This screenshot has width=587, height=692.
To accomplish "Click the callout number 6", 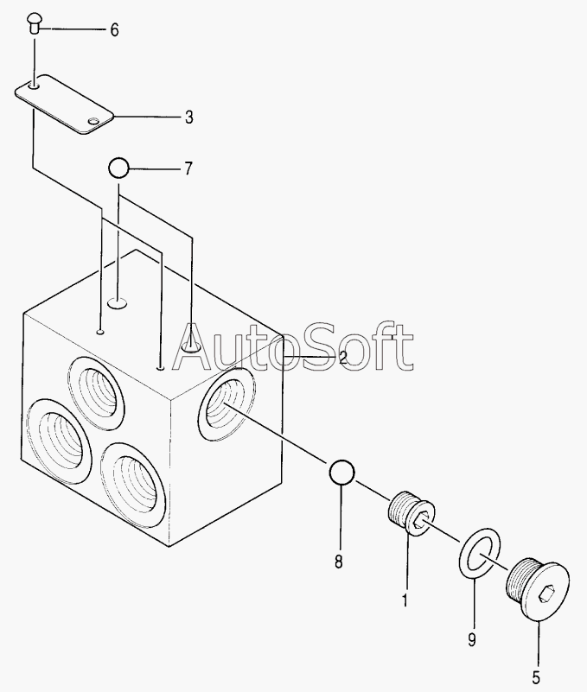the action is (114, 30).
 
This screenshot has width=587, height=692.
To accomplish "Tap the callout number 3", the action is (189, 117).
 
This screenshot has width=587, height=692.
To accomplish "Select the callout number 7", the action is (188, 168).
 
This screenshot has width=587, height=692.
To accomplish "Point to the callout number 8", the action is (338, 562).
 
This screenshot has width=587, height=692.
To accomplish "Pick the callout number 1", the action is (404, 600).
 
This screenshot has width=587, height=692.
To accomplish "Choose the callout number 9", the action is (472, 639).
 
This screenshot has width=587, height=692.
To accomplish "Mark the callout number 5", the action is (536, 677).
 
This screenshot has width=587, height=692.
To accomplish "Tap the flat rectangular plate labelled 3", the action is (65, 105).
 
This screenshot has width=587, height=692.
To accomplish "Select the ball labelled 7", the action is (118, 168).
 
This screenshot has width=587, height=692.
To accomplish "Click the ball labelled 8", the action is (341, 473).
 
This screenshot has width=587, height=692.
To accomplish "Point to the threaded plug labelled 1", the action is (412, 514).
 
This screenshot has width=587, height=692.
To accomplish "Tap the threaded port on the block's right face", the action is (227, 404).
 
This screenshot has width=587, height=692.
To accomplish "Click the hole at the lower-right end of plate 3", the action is (93, 121).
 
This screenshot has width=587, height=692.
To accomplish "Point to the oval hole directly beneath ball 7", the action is (118, 302).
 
